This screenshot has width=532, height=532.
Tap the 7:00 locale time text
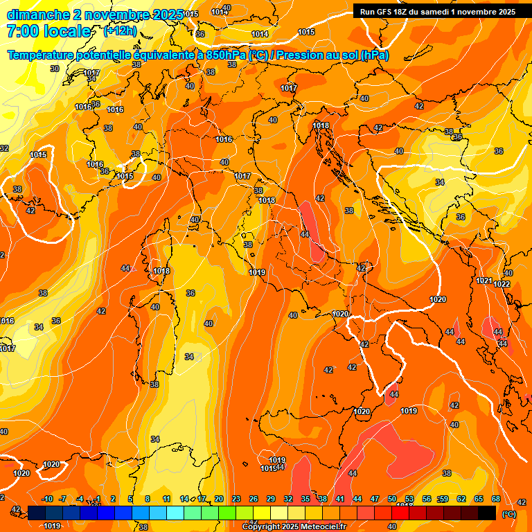tap(48, 31)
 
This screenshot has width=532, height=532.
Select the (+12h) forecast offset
tap(120, 31)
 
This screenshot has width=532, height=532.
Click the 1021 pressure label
tap(484, 281)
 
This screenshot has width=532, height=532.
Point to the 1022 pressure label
tap(502, 284)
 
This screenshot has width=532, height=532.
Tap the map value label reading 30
tap(55, 69)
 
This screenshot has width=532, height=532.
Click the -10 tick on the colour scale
tap(47, 499)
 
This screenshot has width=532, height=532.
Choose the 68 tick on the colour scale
tap(496, 499)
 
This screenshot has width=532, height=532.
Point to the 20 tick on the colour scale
tap(219, 499)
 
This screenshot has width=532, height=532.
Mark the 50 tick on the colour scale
tap(392, 499)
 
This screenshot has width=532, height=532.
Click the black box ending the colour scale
tap(487, 513)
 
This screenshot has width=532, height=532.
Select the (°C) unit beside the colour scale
tap(508, 513)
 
